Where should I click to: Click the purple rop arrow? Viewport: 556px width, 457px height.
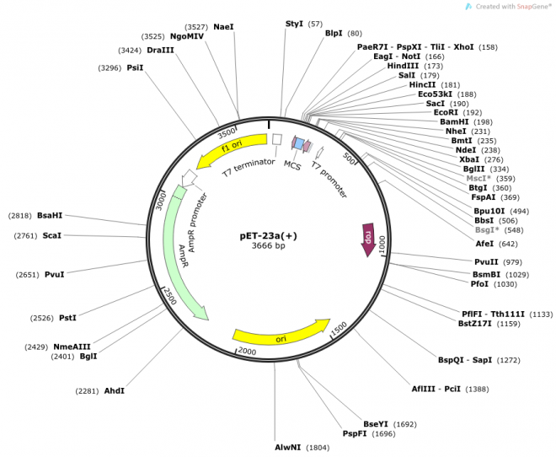click(368, 239)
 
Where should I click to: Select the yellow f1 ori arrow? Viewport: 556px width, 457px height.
click(231, 150)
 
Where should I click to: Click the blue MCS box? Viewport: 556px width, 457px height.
click(299, 143)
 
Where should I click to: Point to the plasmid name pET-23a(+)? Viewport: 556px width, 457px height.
click(269, 236)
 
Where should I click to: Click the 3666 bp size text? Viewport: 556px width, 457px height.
click(269, 245)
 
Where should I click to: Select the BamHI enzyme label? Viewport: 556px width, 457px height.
click(454, 122)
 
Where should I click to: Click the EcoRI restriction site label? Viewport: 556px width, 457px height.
click(446, 112)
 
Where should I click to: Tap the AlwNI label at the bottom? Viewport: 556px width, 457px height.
click(288, 448)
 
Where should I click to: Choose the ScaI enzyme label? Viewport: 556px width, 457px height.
click(51, 235)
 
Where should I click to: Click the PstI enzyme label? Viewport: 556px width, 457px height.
click(67, 318)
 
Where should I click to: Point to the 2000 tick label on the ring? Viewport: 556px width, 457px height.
click(247, 352)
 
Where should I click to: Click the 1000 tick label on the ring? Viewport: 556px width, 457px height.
click(382, 244)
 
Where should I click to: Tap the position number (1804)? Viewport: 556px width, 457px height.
click(318, 448)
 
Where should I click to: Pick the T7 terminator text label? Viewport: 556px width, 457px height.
click(249, 168)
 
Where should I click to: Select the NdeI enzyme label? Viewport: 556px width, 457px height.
click(466, 150)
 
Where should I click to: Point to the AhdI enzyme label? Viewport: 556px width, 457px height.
click(115, 391)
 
